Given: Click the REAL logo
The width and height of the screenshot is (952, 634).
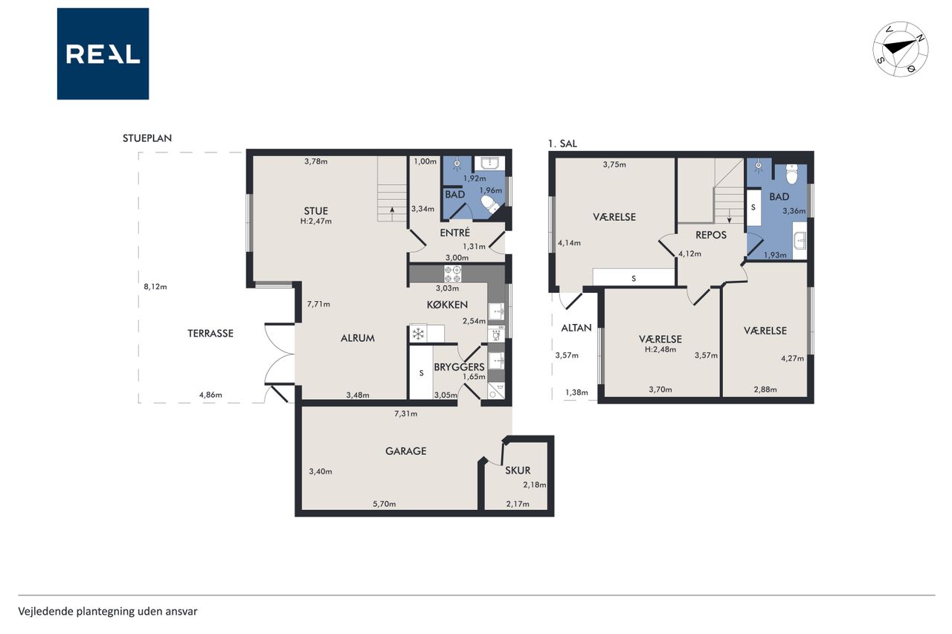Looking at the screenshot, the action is tap(103, 54).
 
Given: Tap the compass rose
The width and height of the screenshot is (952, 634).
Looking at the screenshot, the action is tap(900, 49).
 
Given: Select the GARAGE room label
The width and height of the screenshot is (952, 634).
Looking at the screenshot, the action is tap(405, 451).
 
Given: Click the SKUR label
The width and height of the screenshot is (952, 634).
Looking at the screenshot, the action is tap(518, 470).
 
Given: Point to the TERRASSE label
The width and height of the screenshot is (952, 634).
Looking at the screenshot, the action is tap(210, 333).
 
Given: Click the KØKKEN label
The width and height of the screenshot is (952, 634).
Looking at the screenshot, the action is tap(447, 305).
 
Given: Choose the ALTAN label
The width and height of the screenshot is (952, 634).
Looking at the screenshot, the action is tap(576, 328).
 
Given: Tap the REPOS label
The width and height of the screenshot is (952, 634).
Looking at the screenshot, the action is tap(711, 235).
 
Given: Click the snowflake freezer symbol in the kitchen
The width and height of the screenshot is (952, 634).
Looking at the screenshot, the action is tap(419, 334).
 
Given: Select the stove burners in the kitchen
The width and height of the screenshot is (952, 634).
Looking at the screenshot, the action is tap(453, 274).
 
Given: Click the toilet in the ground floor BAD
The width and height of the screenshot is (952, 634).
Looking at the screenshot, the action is tap(490, 204).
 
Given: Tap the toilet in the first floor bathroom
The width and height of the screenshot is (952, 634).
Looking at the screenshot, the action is tap(791, 174).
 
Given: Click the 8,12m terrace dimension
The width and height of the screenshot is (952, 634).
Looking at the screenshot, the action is tap(155, 287).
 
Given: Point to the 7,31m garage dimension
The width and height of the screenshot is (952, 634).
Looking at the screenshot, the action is tap(405, 413).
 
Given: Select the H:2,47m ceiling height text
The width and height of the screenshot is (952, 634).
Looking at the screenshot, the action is tap(316, 221).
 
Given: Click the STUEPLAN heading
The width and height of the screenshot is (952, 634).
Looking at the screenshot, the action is tap(147, 138).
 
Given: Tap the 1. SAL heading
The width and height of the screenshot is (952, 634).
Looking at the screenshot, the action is tap(562, 143).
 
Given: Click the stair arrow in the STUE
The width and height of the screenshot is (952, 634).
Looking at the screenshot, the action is tap(392, 210).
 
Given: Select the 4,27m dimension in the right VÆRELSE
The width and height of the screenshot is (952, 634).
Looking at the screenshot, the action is tap(792, 358).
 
